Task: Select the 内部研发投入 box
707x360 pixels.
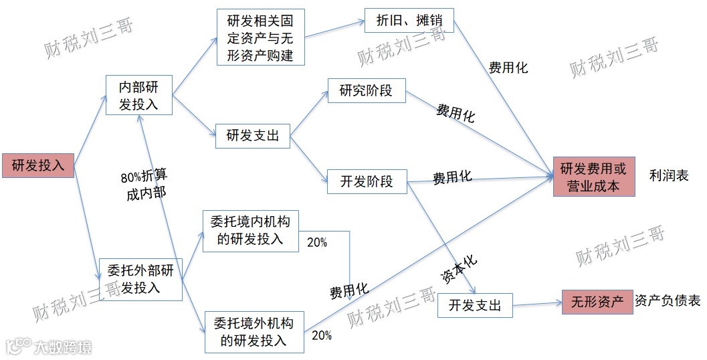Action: (139, 95)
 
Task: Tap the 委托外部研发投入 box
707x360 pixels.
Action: (140, 278)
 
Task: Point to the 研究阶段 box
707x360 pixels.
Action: (366, 90)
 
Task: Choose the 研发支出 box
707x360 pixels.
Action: (252, 136)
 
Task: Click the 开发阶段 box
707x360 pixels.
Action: (367, 181)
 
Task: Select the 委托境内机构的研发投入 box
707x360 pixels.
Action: (250, 230)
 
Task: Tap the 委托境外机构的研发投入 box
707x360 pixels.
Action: (254, 332)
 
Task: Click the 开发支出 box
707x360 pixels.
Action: (475, 305)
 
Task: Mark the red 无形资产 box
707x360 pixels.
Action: (597, 302)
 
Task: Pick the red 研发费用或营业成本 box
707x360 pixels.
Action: (593, 177)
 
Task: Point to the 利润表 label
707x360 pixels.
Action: (668, 176)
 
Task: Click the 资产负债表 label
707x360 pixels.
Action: (668, 301)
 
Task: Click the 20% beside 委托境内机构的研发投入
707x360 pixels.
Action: (317, 243)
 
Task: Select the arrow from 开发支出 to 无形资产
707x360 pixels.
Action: (537, 304)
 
